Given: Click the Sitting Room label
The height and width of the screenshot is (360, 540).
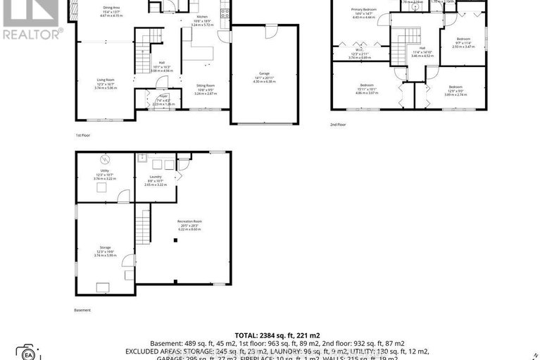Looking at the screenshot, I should tap(206, 85).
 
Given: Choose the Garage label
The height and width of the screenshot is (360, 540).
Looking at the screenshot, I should tap(264, 73).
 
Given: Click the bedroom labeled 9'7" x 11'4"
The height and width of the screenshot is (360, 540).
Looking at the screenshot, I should tap(464, 38).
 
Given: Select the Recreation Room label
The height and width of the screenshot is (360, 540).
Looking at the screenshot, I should tap(191, 221).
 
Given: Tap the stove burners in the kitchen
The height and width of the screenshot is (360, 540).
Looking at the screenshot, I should tap(225, 11).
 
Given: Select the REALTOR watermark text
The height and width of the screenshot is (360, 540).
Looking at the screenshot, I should tap(32, 33).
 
